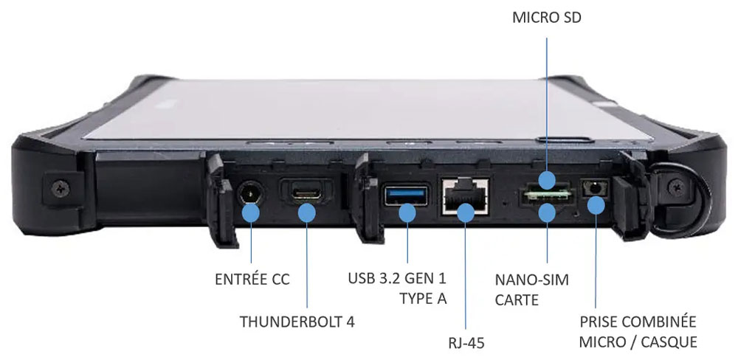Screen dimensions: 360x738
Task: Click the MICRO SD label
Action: [x=547, y=17]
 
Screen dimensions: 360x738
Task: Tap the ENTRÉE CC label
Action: [x=252, y=280]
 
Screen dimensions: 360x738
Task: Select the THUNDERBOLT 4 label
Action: [x=292, y=322]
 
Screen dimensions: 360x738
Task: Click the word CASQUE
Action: [x=670, y=342]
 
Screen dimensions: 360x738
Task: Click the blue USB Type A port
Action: [x=406, y=196]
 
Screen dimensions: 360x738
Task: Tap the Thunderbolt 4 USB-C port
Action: [x=306, y=193]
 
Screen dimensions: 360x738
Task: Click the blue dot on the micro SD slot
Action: [x=547, y=180]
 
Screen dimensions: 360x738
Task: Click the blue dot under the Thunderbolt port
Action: [x=306, y=213]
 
